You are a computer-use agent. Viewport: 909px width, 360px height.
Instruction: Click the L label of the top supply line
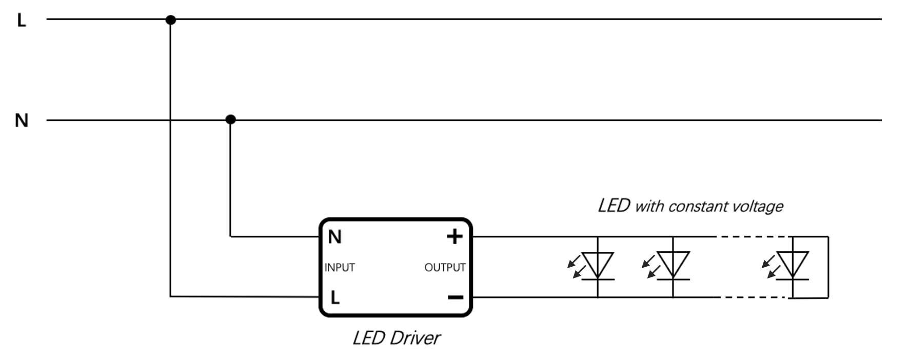21,21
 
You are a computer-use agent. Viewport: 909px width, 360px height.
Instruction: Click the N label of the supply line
22,121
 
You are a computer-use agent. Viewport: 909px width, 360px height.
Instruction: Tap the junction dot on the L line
171,20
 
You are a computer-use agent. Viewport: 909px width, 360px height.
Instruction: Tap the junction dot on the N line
231,119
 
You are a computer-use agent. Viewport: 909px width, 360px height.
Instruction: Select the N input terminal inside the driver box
334,237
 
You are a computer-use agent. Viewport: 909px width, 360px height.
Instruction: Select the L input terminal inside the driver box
335,297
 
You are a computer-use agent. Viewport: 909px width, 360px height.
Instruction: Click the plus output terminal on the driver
454,236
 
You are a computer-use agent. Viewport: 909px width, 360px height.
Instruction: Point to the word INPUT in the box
340,267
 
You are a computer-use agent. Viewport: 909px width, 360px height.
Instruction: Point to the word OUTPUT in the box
445,267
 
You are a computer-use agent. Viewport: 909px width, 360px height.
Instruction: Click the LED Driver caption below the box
396,338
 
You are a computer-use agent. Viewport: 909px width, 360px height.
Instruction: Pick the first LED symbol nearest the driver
598,266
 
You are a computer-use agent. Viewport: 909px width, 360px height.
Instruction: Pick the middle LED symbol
673,266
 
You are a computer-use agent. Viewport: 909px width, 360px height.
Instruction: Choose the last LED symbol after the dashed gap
793,266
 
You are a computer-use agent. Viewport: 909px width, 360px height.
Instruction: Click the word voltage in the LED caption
758,206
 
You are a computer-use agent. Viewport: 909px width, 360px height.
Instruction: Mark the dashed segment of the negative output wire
752,297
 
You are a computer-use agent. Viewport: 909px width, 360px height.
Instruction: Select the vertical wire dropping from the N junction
230,179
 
